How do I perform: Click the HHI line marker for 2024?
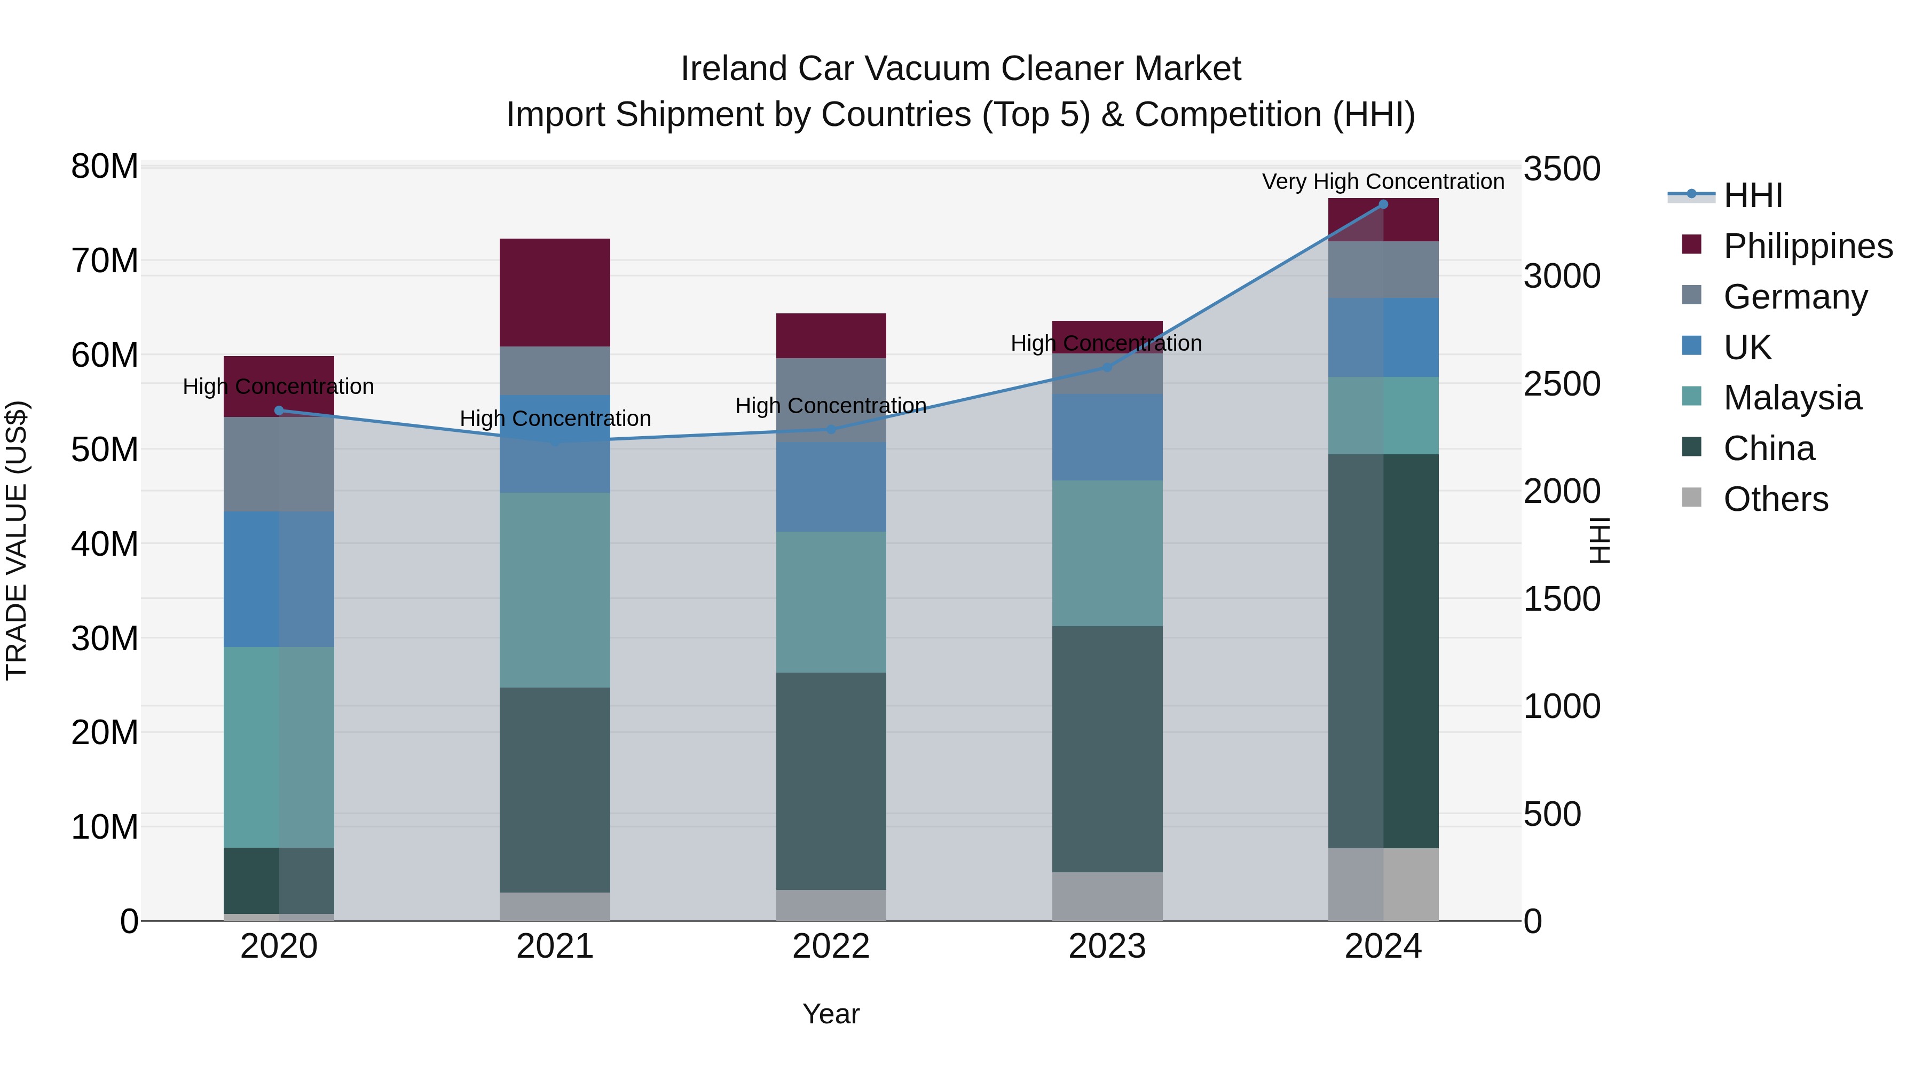pos(1383,204)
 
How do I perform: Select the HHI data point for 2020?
pos(279,411)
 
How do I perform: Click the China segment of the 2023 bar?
pos(1107,748)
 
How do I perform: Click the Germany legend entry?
pos(1794,297)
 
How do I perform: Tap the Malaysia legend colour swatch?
pos(1691,396)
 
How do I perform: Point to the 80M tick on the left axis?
pos(105,167)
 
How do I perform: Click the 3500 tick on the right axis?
pos(1561,169)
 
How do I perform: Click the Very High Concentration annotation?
pos(1383,182)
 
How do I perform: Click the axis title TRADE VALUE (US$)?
pos(17,540)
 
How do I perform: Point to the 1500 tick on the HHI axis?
pos(1561,599)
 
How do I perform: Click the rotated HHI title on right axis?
pos(1600,540)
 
